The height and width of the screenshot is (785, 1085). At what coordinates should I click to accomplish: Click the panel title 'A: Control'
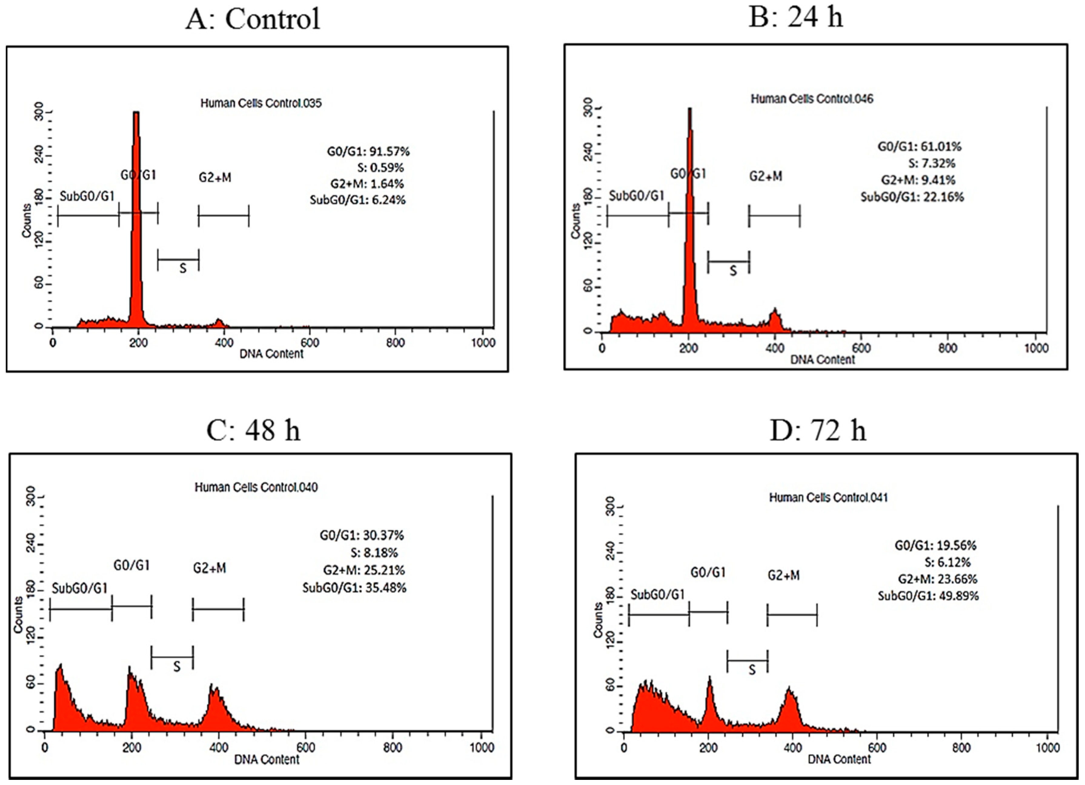(253, 19)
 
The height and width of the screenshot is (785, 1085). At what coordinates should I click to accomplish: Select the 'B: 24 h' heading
(795, 17)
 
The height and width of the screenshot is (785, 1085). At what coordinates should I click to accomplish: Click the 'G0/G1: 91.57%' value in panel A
(368, 152)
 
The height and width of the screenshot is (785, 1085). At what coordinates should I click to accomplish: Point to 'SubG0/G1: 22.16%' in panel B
(912, 197)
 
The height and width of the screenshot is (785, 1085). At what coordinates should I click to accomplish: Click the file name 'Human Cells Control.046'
(811, 99)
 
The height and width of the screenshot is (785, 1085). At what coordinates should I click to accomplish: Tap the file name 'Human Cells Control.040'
(256, 487)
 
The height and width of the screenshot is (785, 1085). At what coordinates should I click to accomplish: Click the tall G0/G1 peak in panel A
(136, 215)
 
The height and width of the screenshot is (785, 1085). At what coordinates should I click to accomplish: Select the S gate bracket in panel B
(728, 262)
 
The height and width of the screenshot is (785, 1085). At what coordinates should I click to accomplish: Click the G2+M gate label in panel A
(215, 178)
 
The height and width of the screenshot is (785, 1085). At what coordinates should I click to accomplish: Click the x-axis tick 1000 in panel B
(1036, 348)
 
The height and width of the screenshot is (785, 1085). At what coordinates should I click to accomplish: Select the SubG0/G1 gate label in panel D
(657, 595)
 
